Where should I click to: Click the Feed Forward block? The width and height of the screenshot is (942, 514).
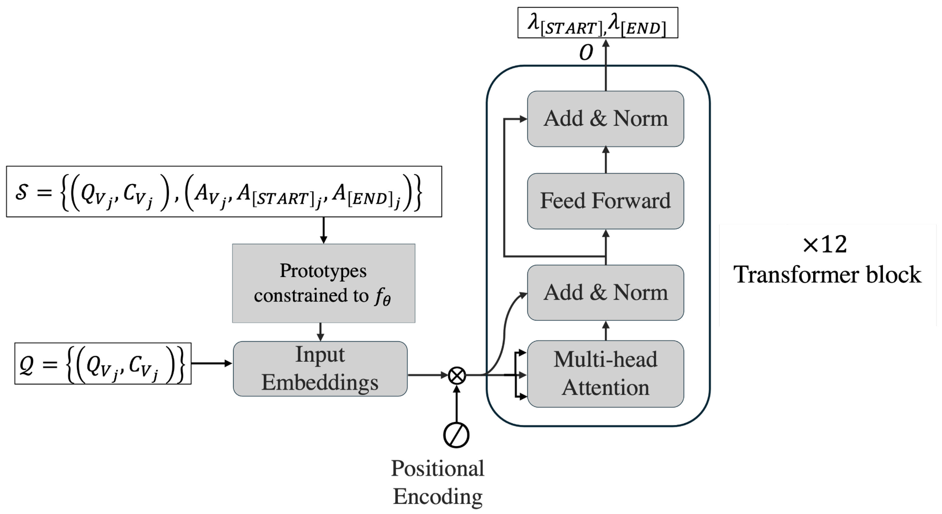pos(605,201)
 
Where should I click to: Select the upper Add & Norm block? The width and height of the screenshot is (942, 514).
pos(605,119)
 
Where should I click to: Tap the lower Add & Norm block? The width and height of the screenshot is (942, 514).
pos(605,293)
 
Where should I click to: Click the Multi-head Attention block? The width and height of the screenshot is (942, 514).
pos(605,374)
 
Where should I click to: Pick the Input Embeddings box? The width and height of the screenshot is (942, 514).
pos(320,368)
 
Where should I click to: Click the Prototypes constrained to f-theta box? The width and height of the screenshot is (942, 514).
pos(324,283)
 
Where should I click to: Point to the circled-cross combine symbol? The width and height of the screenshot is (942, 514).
pos(457,375)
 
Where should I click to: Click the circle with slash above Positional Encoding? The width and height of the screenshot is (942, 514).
pos(456,435)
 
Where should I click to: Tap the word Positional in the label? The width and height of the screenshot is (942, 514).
pos(437,468)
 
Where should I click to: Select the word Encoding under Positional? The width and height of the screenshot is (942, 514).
pos(437,496)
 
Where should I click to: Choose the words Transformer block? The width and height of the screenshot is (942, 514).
pos(827,275)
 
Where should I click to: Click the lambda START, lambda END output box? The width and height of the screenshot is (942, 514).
pos(598,23)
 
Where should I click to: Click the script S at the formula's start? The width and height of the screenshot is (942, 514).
pos(21,192)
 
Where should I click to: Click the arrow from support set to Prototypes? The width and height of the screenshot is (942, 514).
pos(323,230)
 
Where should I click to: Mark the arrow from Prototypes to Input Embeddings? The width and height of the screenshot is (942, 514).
pos(320,331)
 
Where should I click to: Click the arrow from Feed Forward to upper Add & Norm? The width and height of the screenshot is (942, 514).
pos(606,160)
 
